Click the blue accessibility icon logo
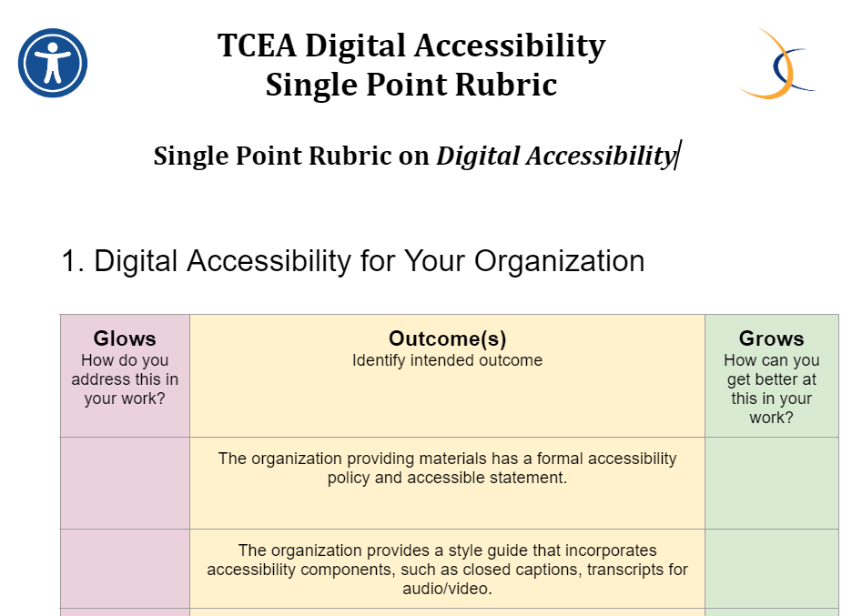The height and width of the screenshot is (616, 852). [53, 63]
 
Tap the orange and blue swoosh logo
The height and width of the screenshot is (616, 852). [778, 64]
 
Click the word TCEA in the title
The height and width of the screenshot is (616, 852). [257, 45]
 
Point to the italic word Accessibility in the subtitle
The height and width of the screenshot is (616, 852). [601, 157]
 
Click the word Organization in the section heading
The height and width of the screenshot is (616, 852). [559, 261]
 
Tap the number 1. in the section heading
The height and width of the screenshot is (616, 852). [73, 261]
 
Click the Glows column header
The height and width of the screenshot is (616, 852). [125, 338]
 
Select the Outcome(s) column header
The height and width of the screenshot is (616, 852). [447, 338]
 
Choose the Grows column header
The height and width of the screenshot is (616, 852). [771, 338]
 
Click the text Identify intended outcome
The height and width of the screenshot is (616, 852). [447, 360]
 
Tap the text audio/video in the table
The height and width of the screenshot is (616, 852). [447, 589]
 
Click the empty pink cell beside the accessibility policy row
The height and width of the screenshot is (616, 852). [125, 483]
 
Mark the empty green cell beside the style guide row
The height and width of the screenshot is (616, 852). [772, 569]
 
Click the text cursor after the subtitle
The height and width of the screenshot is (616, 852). [677, 156]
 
